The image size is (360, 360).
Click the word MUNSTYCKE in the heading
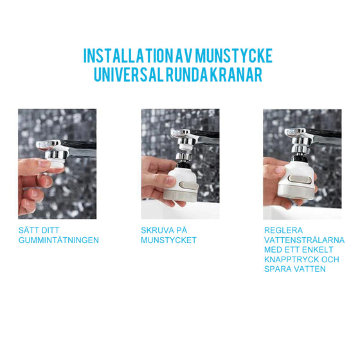point(234,55)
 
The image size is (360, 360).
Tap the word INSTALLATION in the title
point(128,55)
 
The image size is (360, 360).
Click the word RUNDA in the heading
point(186,75)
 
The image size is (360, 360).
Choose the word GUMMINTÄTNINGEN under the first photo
point(59,240)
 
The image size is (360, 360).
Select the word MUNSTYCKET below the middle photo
point(168,240)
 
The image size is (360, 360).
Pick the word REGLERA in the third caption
point(283,230)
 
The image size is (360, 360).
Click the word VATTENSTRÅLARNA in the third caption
point(304,240)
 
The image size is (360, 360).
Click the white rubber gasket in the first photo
point(56,163)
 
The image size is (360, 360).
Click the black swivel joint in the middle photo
point(183,165)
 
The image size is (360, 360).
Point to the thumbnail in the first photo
point(44,163)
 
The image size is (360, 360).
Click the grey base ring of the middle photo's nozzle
point(181,195)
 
